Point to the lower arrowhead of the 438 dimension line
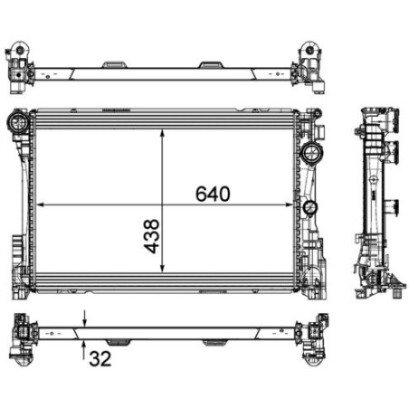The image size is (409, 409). (x=163, y=269)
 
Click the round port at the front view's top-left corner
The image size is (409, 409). (x=17, y=121)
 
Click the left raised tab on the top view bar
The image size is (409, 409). (x=114, y=64)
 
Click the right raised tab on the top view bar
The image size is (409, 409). (x=212, y=64)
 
